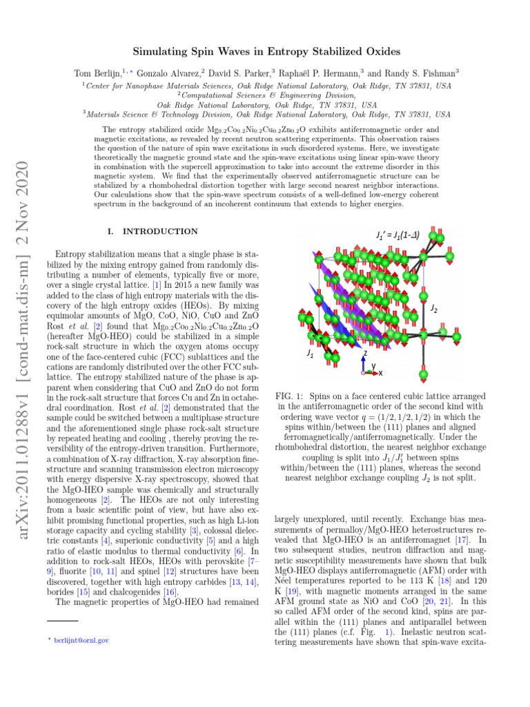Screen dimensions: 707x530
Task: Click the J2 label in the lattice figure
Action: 433,308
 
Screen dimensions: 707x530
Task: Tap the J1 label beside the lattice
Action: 311,353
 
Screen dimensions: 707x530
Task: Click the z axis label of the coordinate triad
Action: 364,352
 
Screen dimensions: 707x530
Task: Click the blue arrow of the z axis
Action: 364,362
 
